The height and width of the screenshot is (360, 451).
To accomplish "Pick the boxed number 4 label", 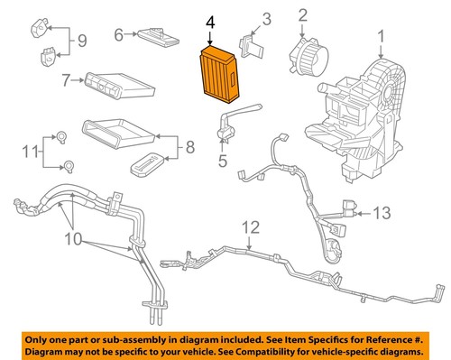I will click(x=210, y=20).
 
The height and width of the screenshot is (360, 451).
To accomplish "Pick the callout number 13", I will click(x=382, y=213).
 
